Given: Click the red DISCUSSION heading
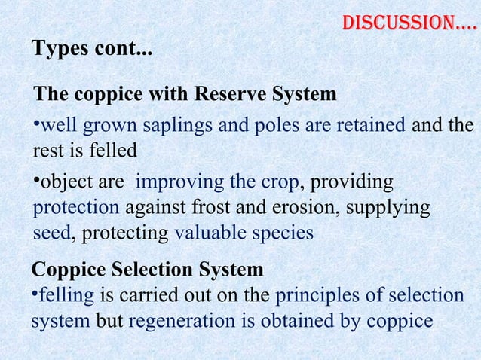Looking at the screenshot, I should [409, 23].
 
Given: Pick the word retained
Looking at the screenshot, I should [369, 125].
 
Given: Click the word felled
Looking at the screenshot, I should [111, 151].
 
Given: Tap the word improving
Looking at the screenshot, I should [180, 183].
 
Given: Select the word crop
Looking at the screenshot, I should [279, 183].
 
